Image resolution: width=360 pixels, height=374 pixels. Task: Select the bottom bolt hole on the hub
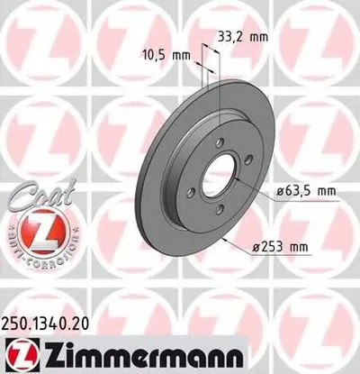pyautogui.click(x=220, y=212)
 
